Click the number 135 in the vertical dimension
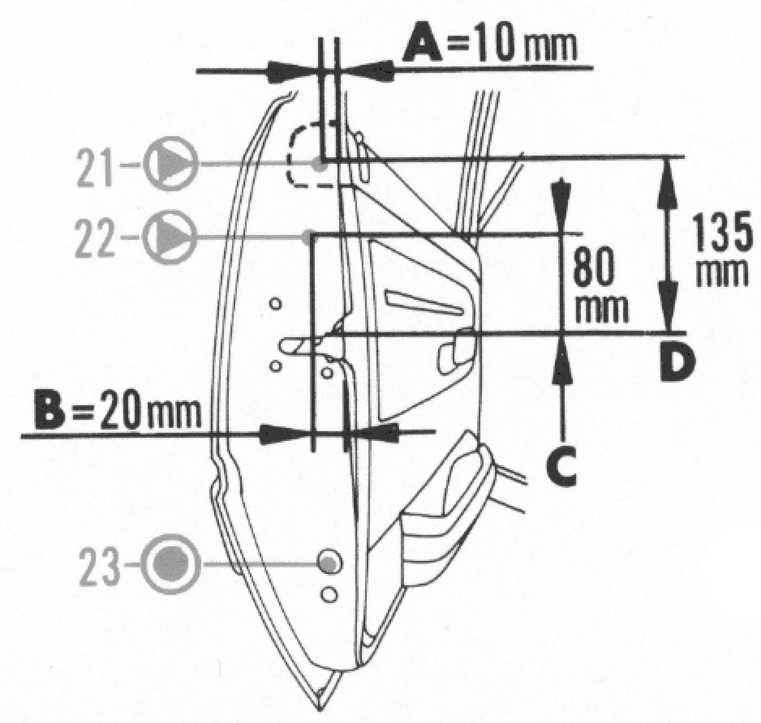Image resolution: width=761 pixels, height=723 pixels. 722,232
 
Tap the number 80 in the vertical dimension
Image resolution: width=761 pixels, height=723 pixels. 594,267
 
